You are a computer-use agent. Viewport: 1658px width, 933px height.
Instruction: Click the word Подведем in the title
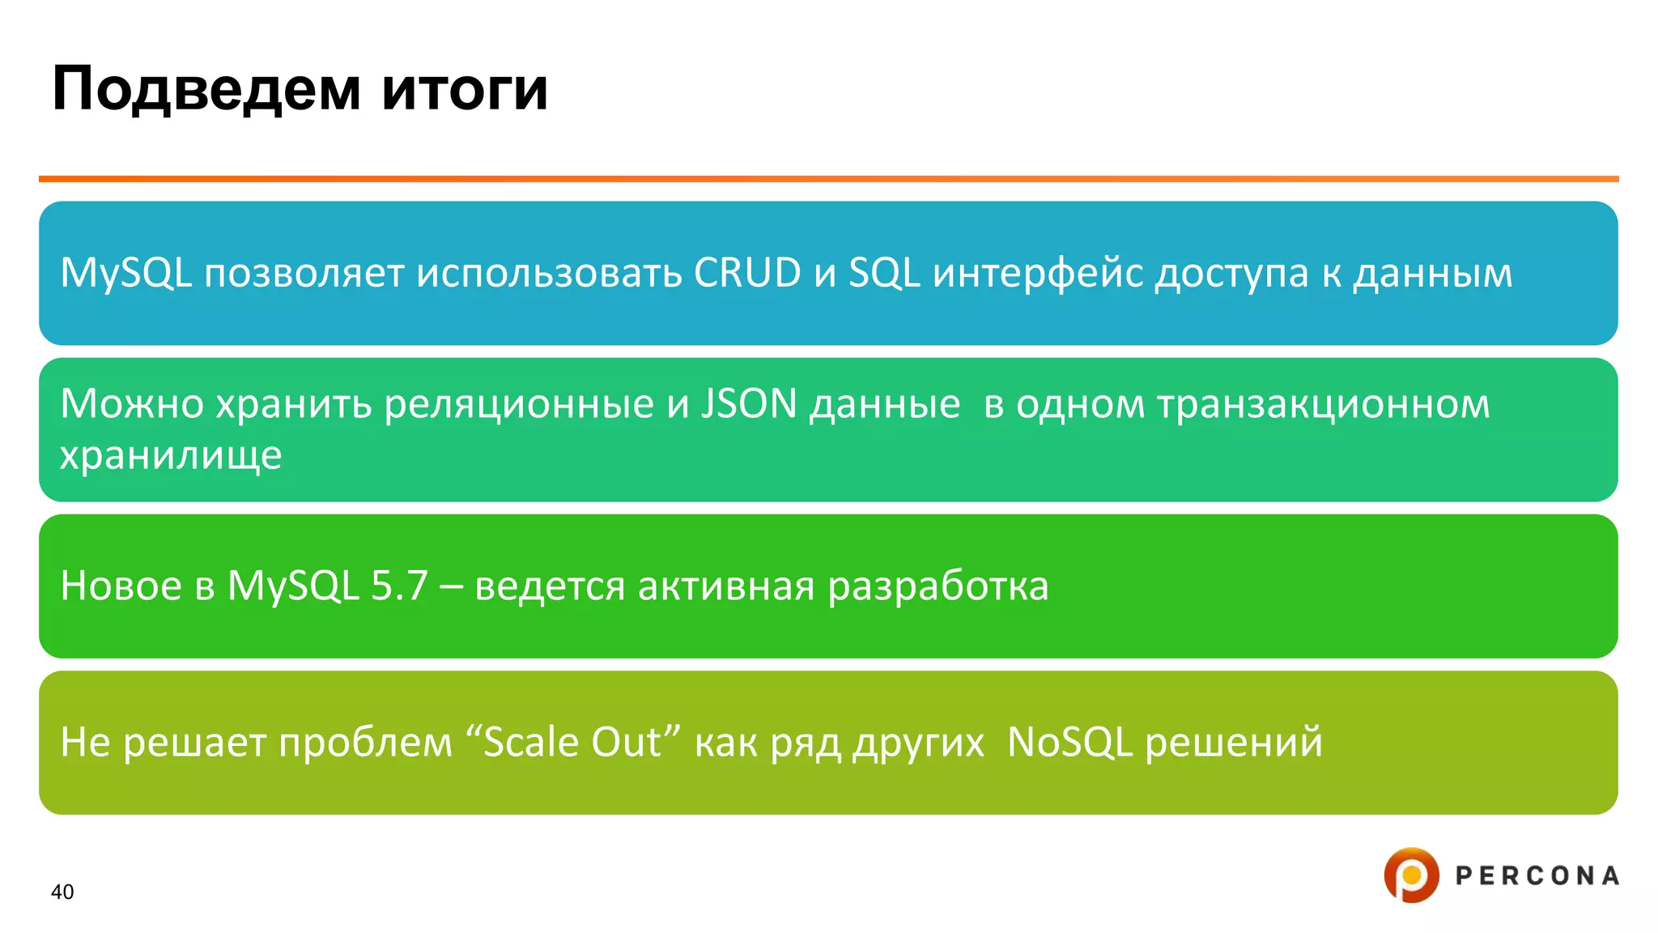point(206,89)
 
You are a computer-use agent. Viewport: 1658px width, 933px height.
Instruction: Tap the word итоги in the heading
point(465,89)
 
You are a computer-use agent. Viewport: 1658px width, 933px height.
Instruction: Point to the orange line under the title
point(828,179)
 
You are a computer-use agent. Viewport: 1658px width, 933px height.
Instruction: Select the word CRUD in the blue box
point(747,273)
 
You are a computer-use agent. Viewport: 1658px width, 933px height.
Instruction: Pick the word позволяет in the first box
point(304,273)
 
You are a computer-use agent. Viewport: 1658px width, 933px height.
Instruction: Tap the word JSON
point(749,403)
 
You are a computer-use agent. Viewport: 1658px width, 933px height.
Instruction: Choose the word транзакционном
point(1323,403)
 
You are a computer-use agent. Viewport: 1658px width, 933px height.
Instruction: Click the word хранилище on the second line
point(171,455)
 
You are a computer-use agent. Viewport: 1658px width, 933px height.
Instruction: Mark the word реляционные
point(518,403)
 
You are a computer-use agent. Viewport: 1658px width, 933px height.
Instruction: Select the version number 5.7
point(399,586)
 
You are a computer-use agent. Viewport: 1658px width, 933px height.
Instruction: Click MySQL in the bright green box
point(292,586)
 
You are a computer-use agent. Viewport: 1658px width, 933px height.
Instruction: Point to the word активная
point(725,586)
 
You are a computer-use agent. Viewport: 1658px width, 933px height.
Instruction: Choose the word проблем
point(365,742)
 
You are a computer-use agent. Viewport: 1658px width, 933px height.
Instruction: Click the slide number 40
point(62,892)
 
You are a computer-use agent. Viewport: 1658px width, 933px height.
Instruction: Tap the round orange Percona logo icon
point(1411,875)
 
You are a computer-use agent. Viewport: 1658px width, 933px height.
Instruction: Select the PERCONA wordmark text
point(1537,875)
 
